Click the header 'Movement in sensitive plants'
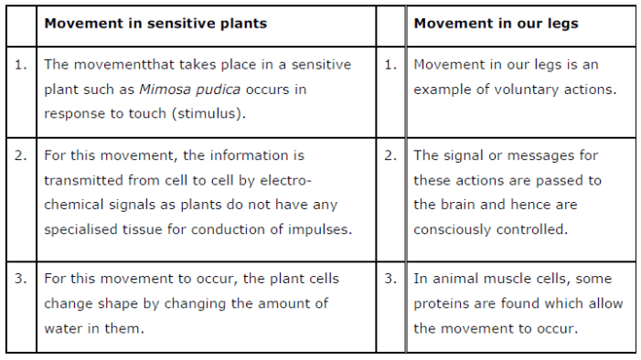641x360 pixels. coord(155,23)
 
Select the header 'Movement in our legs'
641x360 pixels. coord(496,23)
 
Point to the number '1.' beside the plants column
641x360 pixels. coord(21,65)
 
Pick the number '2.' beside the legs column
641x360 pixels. coord(390,155)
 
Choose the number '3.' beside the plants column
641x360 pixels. coord(21,279)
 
